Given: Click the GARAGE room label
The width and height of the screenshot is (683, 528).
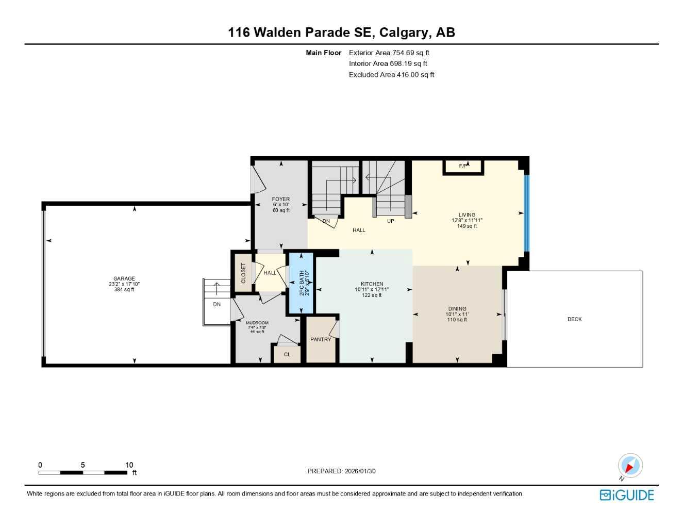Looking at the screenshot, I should point(124,278).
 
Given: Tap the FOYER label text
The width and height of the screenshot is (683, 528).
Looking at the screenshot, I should point(281,199).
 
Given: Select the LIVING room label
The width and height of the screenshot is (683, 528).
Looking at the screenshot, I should point(467,215).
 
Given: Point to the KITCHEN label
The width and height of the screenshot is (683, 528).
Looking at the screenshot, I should point(372,284).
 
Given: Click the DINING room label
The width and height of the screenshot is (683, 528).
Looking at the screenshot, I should point(457,309).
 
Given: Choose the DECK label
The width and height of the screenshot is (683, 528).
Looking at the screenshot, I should point(574,319).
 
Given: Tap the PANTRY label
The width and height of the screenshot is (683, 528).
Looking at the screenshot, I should point(321,339).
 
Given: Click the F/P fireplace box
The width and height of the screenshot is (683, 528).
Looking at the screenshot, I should point(463,167).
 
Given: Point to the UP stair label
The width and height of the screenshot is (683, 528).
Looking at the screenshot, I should point(390,221).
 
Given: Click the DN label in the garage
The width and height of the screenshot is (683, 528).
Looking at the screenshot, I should point(217,304).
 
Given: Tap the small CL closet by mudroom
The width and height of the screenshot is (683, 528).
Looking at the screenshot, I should point(287,354).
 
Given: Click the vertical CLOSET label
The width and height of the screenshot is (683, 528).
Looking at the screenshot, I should point(243,273).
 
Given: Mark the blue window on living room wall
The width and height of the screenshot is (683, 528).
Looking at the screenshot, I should point(526,213).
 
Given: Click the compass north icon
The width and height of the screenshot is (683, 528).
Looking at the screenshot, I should point(630,466).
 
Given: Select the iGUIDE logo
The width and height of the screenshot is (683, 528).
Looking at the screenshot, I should point(627,495).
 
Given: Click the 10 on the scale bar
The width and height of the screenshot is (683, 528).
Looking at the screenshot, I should point(129,465).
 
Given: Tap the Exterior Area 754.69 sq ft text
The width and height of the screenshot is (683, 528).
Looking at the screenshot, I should point(389,53).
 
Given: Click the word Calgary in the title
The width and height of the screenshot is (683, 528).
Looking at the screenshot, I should point(404,32).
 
